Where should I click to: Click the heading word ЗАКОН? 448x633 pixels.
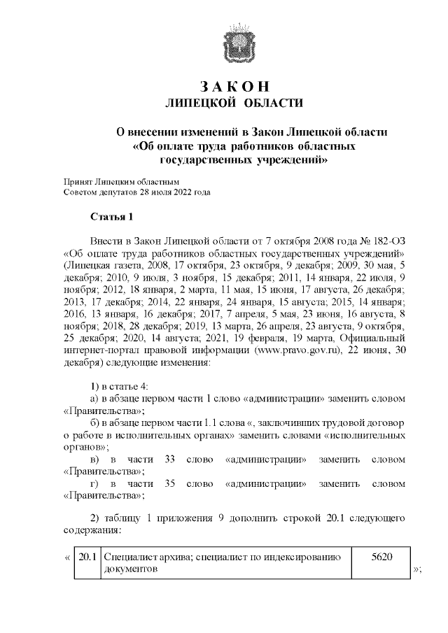click(x=234, y=87)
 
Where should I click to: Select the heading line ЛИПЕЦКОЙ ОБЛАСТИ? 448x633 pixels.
click(x=234, y=104)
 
